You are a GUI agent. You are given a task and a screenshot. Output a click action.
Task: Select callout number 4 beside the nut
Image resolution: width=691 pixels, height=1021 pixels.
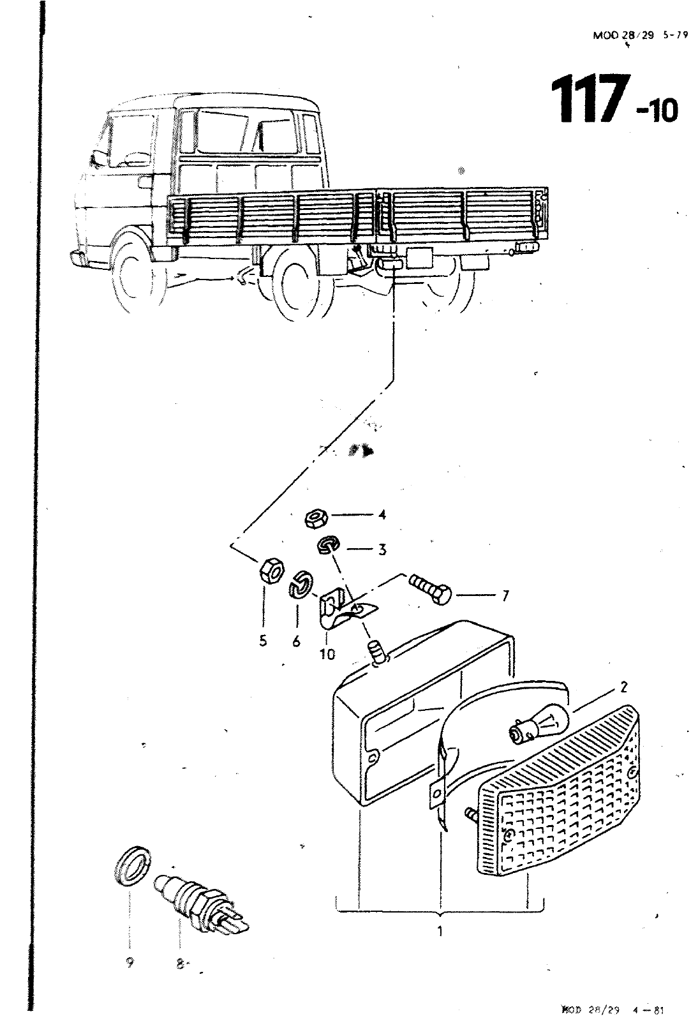pyautogui.click(x=382, y=514)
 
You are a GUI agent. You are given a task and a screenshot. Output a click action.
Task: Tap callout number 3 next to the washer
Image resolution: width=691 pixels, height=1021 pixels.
pyautogui.click(x=382, y=549)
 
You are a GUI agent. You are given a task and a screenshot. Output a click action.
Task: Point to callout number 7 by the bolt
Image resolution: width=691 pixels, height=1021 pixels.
pyautogui.click(x=505, y=596)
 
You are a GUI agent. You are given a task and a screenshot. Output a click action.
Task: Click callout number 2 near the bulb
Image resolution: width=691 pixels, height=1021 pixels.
pyautogui.click(x=623, y=687)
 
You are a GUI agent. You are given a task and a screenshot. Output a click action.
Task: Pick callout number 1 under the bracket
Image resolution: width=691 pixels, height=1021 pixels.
pyautogui.click(x=440, y=931)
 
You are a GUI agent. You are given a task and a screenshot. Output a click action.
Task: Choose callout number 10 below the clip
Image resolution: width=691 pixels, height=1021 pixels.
pyautogui.click(x=327, y=654)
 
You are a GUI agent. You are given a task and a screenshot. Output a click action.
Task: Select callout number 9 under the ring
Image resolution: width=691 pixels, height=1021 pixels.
pyautogui.click(x=129, y=964)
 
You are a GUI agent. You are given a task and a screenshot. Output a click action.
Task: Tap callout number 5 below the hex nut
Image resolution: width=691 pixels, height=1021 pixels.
pyautogui.click(x=263, y=642)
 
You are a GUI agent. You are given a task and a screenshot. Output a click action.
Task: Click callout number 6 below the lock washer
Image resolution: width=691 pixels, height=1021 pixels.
pyautogui.click(x=296, y=642)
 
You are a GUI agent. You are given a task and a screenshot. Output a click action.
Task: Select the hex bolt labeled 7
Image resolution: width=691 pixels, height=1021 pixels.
pyautogui.click(x=428, y=586)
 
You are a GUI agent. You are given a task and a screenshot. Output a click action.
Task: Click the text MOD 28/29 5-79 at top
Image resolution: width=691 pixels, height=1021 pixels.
pyautogui.click(x=640, y=36)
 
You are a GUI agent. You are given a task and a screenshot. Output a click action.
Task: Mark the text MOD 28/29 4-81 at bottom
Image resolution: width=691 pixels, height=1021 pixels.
pyautogui.click(x=612, y=1010)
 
